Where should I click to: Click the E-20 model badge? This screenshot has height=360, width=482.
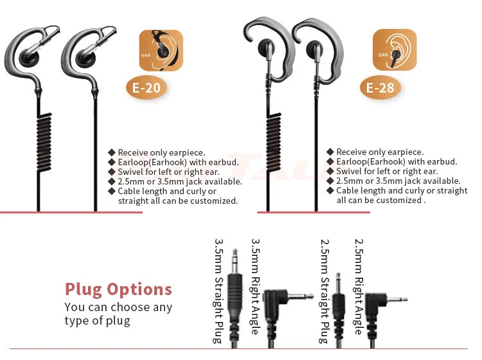click(x=147, y=88)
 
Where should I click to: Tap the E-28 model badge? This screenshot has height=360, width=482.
click(x=380, y=88)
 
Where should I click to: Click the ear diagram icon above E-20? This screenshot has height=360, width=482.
click(x=161, y=50)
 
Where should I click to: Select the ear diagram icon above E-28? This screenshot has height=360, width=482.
click(x=395, y=50)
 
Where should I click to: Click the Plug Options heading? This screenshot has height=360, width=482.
click(x=118, y=289)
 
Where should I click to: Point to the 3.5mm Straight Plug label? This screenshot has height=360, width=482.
click(x=219, y=291)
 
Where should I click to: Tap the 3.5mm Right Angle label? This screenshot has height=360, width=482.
click(x=255, y=287)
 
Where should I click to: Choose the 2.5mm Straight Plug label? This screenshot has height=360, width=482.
click(x=325, y=291)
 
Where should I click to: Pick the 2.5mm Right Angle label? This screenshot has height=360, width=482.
click(x=359, y=287)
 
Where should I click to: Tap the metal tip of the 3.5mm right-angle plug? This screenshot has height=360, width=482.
click(x=301, y=296)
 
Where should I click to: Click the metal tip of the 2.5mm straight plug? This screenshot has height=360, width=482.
click(x=338, y=283)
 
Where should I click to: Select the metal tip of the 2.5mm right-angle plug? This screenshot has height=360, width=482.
click(x=397, y=299)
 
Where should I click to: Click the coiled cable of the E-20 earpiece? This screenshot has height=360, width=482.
click(x=44, y=142)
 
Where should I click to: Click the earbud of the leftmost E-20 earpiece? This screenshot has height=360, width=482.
click(x=30, y=57)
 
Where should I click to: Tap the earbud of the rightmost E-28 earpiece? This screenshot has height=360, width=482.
click(x=314, y=49)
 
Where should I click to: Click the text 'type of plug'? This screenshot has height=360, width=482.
click(x=97, y=321)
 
